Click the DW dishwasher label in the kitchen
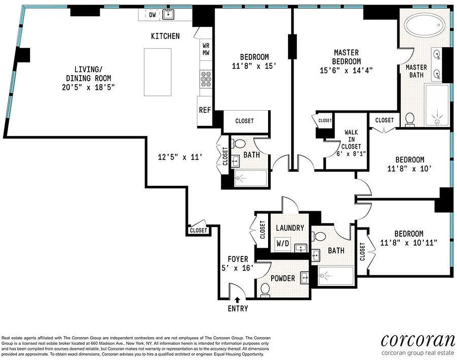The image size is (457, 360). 152,15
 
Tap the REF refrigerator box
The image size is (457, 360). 205,110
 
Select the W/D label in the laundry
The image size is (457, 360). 283,243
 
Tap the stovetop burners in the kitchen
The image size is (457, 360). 206,79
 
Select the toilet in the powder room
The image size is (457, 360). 265,292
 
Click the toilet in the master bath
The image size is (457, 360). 409,118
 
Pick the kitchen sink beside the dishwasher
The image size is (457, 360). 169,14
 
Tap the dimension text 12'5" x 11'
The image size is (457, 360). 182,157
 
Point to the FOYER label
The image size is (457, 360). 237,259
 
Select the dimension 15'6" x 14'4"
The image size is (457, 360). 346,70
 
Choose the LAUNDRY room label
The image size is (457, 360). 290,228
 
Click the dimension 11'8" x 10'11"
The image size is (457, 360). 409,243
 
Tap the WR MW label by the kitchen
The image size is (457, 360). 206,49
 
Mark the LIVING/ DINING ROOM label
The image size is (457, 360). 89,78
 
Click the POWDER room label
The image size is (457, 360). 282,279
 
